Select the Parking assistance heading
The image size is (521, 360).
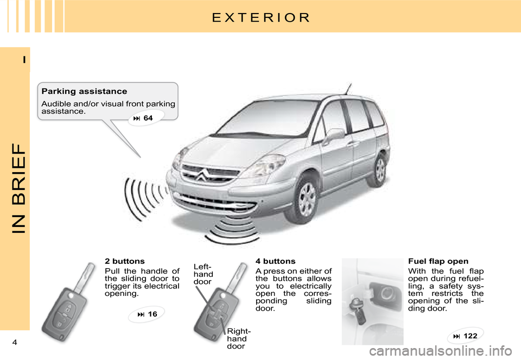[x=84, y=91]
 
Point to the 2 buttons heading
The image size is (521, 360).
[x=125, y=261]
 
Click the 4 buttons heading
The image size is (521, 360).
[x=275, y=261]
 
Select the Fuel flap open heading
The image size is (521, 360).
[x=438, y=261]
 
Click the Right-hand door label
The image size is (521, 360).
[x=239, y=338]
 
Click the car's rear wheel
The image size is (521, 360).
[x=380, y=169]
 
